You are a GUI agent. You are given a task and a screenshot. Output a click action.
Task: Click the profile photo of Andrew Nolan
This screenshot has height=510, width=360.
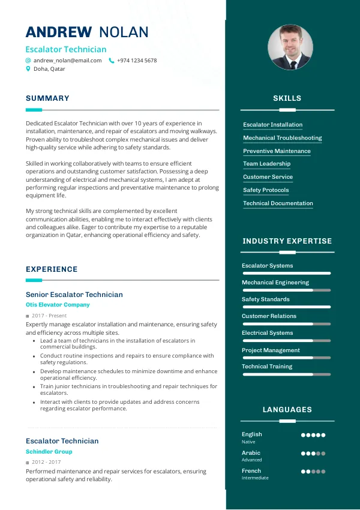tap(290, 47)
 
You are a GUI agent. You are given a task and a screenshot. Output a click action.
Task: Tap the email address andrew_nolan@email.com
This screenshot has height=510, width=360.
tap(67, 61)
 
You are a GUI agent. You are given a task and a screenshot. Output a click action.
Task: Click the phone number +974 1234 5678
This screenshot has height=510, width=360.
tap(137, 61)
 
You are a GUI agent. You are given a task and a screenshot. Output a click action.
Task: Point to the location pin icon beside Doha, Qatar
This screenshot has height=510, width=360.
tap(28, 69)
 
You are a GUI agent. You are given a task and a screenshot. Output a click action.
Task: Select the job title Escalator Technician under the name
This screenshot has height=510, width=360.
tap(66, 50)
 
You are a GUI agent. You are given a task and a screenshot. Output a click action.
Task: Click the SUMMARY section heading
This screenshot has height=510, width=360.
tap(47, 98)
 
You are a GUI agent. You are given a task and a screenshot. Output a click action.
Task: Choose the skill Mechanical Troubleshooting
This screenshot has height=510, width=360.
tap(282, 138)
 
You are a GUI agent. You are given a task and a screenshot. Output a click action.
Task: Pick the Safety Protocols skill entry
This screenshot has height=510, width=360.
tap(266, 190)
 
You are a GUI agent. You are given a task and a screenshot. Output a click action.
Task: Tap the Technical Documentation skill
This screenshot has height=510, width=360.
tap(278, 203)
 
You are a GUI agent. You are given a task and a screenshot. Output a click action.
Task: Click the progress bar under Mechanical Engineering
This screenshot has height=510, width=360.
tap(286, 290)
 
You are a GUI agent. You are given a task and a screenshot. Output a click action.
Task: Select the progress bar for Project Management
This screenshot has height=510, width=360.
tap(286, 358)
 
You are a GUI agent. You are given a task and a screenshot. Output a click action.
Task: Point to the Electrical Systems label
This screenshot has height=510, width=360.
tap(267, 333)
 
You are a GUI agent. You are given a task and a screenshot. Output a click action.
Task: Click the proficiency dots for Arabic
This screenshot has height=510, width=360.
tap(313, 454)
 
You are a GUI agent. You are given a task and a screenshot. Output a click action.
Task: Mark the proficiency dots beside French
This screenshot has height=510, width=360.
tap(313, 472)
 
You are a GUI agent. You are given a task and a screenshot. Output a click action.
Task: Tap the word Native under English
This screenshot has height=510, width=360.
tap(248, 442)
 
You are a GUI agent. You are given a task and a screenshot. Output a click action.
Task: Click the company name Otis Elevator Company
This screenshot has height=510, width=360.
tap(58, 305)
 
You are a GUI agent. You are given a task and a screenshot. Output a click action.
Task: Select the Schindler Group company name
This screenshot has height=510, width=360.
tap(49, 452)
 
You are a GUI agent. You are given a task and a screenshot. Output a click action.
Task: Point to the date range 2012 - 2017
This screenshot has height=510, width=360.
tap(46, 463)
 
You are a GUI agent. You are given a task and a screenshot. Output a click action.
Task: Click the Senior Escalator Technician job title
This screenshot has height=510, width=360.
tap(74, 295)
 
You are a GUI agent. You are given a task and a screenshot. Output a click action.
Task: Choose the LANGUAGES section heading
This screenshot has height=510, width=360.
tap(287, 410)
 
